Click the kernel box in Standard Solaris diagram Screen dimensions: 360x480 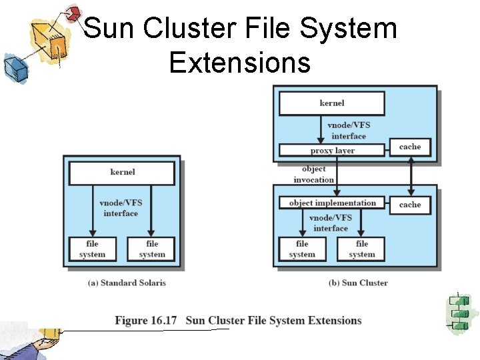point(122,173)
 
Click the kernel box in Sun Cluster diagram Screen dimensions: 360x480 point(331,103)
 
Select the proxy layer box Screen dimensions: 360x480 point(331,151)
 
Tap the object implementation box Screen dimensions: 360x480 point(332,203)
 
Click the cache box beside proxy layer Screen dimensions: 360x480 point(410,147)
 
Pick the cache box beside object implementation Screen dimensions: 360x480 point(410,205)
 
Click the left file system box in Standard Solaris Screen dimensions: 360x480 point(92,249)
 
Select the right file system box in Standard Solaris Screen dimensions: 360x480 point(152,249)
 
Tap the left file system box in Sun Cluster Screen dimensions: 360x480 point(302,249)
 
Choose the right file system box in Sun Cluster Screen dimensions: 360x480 point(361,249)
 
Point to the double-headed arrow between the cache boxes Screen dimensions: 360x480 point(411,176)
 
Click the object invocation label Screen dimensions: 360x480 point(313,175)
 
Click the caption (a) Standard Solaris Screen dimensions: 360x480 point(127,283)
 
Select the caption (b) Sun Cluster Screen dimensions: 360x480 point(358,283)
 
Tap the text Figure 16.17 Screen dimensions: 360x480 point(146,321)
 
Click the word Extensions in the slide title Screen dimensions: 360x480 point(239,62)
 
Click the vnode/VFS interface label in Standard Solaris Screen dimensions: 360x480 point(121,208)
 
